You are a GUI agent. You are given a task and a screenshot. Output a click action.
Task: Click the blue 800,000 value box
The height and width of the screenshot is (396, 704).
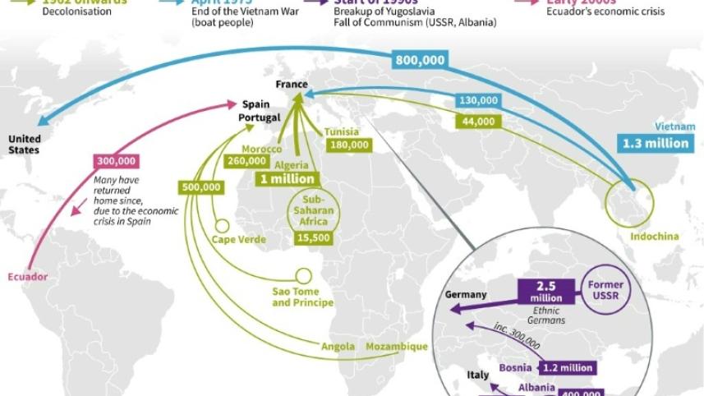(420, 60)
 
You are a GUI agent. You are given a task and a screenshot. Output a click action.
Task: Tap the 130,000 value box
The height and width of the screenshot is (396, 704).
(479, 100)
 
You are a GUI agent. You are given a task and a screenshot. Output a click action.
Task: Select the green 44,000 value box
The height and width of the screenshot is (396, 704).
(479, 121)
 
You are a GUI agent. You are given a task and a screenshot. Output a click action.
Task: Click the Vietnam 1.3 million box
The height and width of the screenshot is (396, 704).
(655, 143)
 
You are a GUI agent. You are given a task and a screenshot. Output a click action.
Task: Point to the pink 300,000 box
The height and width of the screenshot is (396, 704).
(117, 162)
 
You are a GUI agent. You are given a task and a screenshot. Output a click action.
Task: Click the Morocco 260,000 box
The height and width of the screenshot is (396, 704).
(246, 161)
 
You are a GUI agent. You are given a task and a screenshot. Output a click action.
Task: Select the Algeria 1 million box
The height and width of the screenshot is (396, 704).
(287, 178)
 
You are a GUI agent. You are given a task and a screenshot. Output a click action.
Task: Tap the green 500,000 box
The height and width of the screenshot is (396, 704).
(202, 186)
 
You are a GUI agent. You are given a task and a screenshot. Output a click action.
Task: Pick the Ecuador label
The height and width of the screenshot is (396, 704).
(27, 277)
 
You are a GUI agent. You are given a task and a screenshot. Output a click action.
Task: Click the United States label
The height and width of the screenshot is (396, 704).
(24, 144)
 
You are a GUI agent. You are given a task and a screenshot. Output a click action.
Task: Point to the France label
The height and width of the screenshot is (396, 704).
(292, 85)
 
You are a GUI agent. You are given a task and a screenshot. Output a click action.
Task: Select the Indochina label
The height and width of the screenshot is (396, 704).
(655, 237)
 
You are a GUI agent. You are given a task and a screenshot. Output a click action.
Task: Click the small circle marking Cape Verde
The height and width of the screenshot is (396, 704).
(221, 226)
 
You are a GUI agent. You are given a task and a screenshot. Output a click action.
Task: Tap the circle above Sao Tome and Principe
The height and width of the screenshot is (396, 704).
(303, 276)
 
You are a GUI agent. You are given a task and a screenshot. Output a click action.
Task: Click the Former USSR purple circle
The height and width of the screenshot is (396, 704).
(605, 290)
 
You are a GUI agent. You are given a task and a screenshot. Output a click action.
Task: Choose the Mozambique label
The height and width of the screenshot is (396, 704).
(397, 347)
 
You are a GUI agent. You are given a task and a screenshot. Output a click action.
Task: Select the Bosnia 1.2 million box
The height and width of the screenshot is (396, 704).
(565, 368)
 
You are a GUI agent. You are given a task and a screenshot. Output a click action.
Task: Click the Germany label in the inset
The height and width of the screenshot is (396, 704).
(466, 294)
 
